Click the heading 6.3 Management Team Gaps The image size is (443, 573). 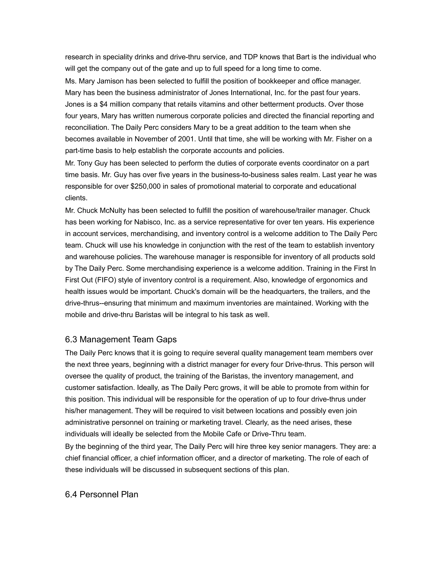tap(121, 339)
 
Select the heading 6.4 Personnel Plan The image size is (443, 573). tap(102, 494)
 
